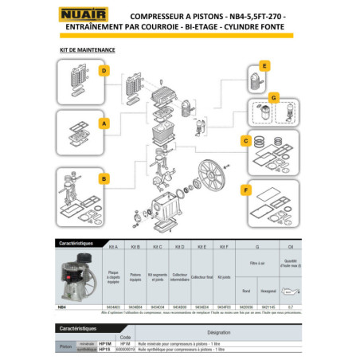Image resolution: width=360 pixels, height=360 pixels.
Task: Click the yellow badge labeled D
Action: [104, 70]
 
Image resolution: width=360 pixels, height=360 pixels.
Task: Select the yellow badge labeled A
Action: [104, 123]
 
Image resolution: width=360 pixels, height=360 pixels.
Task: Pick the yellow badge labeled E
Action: [265, 65]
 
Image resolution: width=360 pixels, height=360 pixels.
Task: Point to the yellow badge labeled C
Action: [258, 140]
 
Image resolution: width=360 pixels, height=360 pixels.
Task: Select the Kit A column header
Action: [112, 247]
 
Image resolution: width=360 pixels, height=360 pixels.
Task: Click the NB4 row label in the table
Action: [62, 306]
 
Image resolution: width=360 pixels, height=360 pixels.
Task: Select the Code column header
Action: [125, 338]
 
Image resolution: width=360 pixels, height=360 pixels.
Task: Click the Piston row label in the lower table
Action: [66, 347]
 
